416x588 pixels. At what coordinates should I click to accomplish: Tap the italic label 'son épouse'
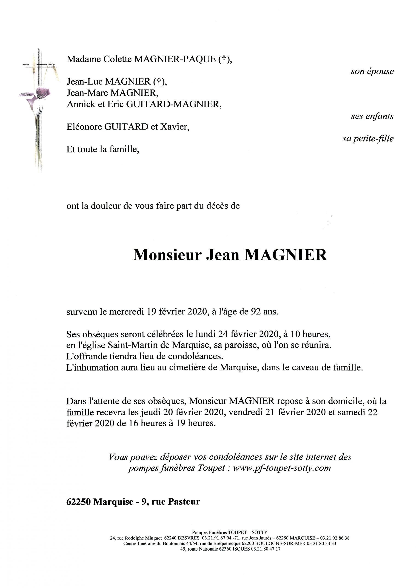click(x=372, y=71)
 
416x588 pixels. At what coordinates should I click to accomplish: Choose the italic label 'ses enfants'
click(x=372, y=116)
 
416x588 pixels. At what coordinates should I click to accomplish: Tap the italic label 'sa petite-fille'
click(x=368, y=139)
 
